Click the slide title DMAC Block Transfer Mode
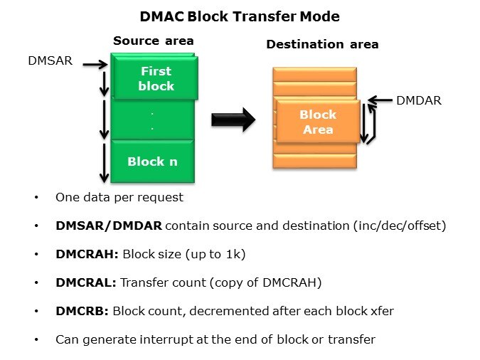coord(239,16)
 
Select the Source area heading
coord(154,41)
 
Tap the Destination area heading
coord(322,44)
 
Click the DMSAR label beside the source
coord(50,62)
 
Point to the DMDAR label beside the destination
coord(418,100)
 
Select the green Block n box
coord(152,162)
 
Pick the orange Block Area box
coord(318,122)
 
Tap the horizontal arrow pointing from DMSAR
coord(94,65)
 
